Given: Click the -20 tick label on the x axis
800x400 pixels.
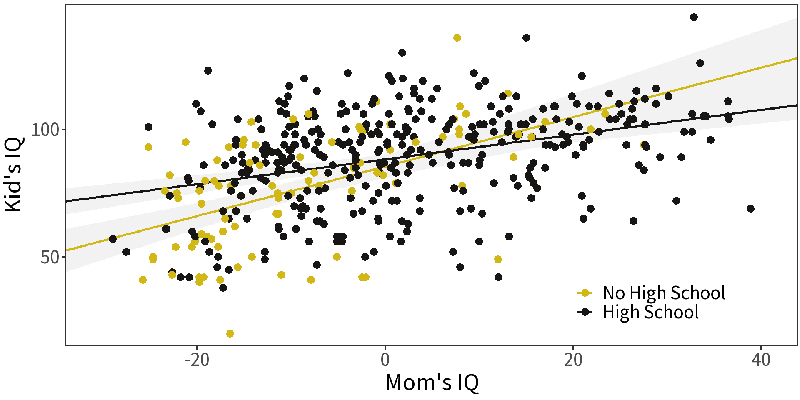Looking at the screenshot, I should (197, 359).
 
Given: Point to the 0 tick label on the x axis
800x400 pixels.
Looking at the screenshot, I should (385, 359).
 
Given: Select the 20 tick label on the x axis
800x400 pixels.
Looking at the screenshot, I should (573, 359).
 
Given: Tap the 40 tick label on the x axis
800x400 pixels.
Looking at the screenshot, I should (761, 359).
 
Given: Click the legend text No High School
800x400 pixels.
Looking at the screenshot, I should (664, 293).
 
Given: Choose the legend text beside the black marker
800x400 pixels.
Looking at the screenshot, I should (650, 312).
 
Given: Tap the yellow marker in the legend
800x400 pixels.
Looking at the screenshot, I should (585, 293).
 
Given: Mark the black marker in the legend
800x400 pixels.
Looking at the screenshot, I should (585, 312).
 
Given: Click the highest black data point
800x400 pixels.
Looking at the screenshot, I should (694, 17).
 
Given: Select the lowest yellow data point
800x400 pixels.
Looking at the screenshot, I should (230, 333).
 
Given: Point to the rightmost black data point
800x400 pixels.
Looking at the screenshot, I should (750, 208).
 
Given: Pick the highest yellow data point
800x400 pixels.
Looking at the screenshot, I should (457, 38).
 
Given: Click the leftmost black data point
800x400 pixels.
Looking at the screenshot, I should (112, 239).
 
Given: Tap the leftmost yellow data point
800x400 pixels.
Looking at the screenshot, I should (142, 280).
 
